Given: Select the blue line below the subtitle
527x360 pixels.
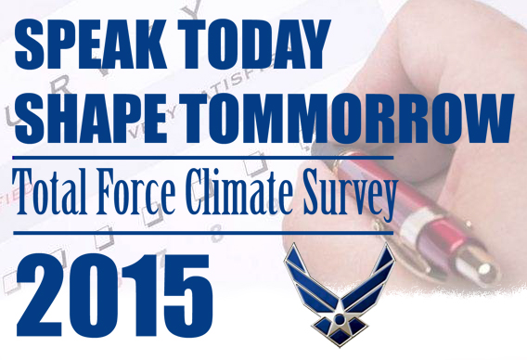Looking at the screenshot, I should pyautogui.click(x=199, y=232).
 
